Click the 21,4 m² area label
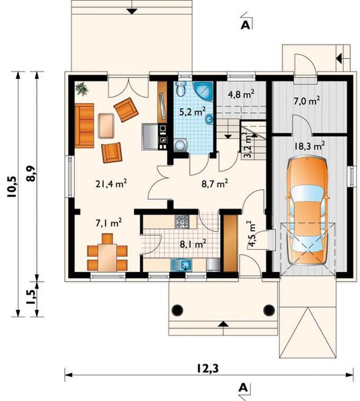[111, 184]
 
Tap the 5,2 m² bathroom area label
[193, 112]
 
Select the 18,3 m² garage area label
[310, 146]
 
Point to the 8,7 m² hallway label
[215, 183]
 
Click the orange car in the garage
[307, 212]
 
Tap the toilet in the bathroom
[181, 89]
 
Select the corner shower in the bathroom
[203, 91]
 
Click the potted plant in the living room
[82, 89]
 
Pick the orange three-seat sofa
[84, 126]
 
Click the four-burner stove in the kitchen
[182, 221]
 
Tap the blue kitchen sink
[181, 265]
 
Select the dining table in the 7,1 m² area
[107, 257]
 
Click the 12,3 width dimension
[208, 368]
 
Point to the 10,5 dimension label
[12, 187]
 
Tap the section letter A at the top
[246, 25]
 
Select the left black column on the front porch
[177, 310]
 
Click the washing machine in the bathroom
[180, 146]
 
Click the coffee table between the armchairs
[106, 126]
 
